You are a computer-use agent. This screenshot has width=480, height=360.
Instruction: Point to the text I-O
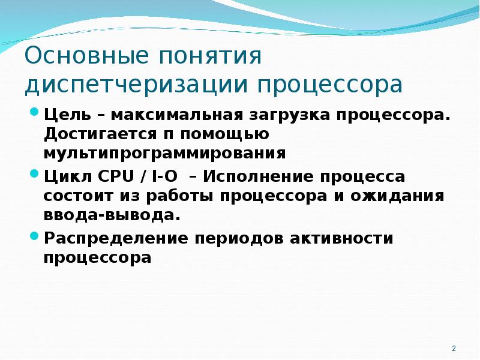pos(164,176)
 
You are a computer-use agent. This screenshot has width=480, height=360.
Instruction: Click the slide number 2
pos(454,349)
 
